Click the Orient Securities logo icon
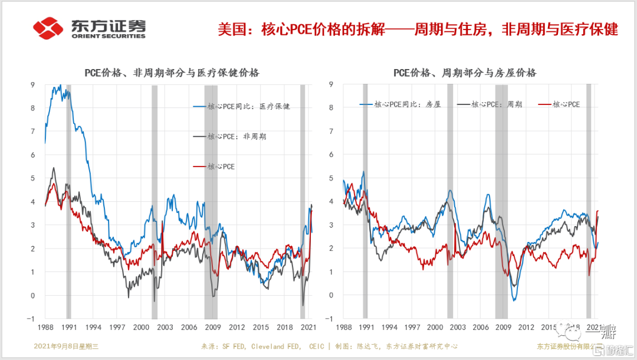pos(48,27)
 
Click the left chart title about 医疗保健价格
pos(170,73)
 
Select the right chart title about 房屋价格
pos(465,73)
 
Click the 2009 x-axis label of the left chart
pos(212,327)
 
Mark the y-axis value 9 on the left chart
pos(33,84)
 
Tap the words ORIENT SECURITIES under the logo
pos(108,36)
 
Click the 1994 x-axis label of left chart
pos(93,327)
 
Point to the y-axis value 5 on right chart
pos(331,178)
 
